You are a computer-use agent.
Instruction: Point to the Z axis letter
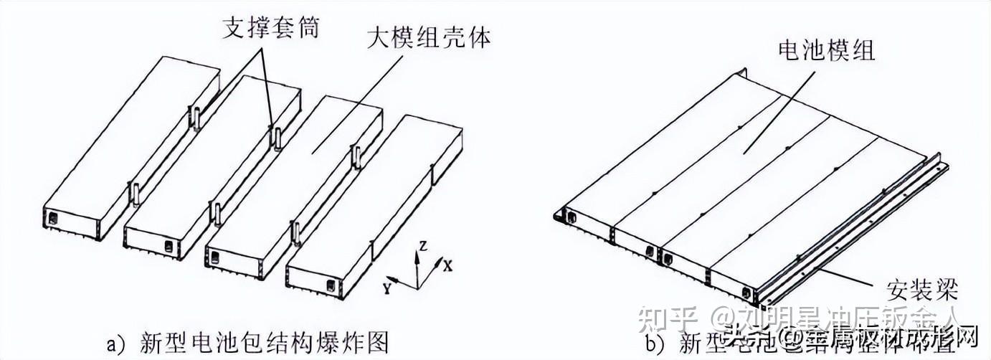(x=423, y=246)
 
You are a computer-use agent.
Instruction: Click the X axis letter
(x=447, y=266)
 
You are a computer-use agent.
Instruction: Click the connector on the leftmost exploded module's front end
(x=52, y=216)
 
